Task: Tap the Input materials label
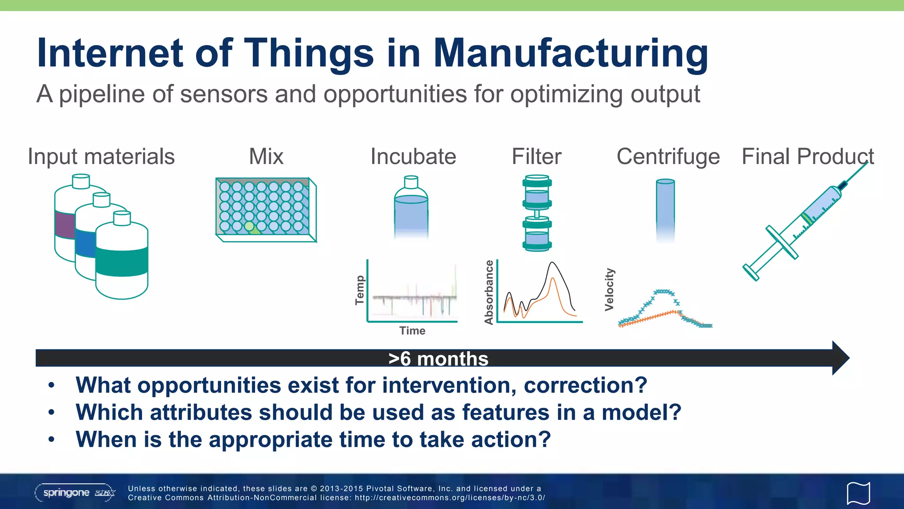point(101,156)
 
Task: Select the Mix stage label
point(266,156)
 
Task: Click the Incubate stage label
point(413,156)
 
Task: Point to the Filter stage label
point(536,156)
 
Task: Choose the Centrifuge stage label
point(668,156)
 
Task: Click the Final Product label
point(807,156)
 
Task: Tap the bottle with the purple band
point(64,225)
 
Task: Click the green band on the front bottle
point(122,262)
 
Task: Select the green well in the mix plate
point(250,227)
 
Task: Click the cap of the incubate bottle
point(411,182)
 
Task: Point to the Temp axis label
point(360,290)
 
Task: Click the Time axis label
point(412,330)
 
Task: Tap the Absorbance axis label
point(489,292)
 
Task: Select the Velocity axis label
point(609,289)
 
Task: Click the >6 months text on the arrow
point(438,358)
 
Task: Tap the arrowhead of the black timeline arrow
point(840,358)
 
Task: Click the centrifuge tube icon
point(665,208)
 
